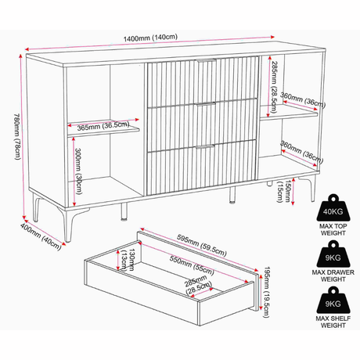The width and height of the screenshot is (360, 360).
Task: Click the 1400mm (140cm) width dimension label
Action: tap(150, 38)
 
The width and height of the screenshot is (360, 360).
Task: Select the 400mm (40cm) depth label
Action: tap(41, 237)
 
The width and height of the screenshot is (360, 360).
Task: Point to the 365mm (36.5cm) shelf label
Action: tap(103, 126)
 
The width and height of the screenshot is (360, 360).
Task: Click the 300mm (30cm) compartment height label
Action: tap(78, 171)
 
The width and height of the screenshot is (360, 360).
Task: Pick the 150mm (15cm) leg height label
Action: tap(283, 191)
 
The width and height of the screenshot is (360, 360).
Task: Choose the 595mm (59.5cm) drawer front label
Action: tap(202, 246)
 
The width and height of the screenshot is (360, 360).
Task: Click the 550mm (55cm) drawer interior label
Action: tap(192, 265)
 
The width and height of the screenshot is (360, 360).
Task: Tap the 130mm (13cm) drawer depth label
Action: tap(128, 260)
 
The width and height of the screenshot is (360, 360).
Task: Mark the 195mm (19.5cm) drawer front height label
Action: tap(266, 292)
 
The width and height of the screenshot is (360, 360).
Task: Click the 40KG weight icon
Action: tap(333, 207)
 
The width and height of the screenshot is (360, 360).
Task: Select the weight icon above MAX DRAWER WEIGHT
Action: tap(333, 254)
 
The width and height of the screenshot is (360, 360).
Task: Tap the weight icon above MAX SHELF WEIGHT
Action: tap(333, 300)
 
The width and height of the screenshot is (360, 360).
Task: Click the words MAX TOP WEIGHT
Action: tap(333, 229)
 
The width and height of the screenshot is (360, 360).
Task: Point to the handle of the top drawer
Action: tap(206, 60)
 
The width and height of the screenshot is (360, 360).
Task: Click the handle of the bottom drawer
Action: tap(205, 146)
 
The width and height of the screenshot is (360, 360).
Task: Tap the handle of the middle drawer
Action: tap(206, 103)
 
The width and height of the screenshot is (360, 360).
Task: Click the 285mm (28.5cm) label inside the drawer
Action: tap(198, 285)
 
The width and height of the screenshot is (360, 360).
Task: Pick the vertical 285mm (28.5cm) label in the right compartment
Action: tap(273, 87)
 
